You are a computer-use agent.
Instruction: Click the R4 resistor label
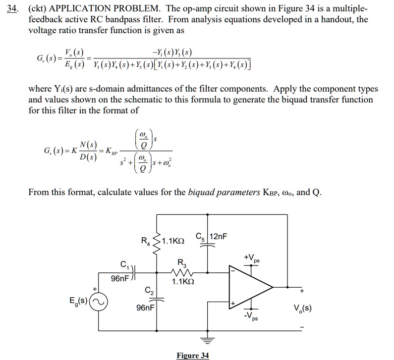145,241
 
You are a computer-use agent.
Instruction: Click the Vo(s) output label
302,308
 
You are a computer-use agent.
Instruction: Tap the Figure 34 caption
193,355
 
